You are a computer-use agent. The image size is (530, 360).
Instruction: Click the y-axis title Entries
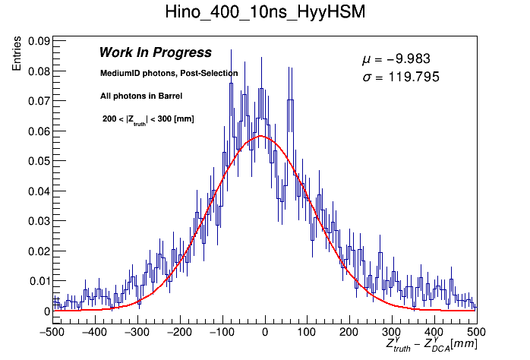pos(17,55)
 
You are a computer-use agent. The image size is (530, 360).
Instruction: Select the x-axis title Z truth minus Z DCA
pos(431,346)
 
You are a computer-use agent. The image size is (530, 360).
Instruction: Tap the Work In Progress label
pos(155,53)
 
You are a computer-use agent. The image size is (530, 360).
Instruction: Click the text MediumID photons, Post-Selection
pos(169,74)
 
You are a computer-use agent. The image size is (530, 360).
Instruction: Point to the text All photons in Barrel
pos(140,96)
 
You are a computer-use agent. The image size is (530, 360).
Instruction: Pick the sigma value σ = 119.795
pos(401,77)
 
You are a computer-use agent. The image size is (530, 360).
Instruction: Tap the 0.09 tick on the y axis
pos(39,41)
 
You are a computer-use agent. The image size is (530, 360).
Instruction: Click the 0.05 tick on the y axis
pos(39,161)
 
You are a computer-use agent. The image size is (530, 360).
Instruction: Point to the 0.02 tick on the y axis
pos(39,251)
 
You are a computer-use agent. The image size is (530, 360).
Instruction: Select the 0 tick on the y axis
pos(46,311)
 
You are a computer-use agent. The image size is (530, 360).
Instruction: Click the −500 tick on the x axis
pos(52,332)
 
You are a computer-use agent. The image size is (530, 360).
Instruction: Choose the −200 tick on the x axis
pos(179,332)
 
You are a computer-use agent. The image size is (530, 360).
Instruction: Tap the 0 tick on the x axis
pos(264,332)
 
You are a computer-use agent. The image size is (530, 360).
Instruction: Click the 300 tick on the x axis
pos(391,332)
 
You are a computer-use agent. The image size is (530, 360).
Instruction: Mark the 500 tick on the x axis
pos(475,332)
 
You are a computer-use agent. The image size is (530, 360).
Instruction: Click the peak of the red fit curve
pos(260,136)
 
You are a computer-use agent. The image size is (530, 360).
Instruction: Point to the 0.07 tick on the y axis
pos(39,101)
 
